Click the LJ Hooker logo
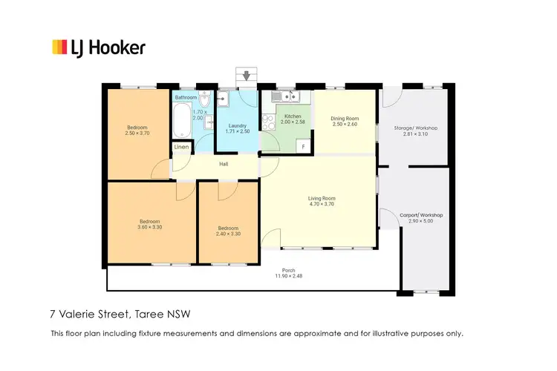click(x=98, y=48)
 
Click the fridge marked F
click(x=303, y=146)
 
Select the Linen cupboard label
click(x=181, y=148)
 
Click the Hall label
click(x=223, y=164)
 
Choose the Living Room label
click(x=322, y=198)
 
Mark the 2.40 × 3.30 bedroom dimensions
click(x=228, y=234)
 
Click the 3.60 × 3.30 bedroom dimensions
click(x=149, y=227)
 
